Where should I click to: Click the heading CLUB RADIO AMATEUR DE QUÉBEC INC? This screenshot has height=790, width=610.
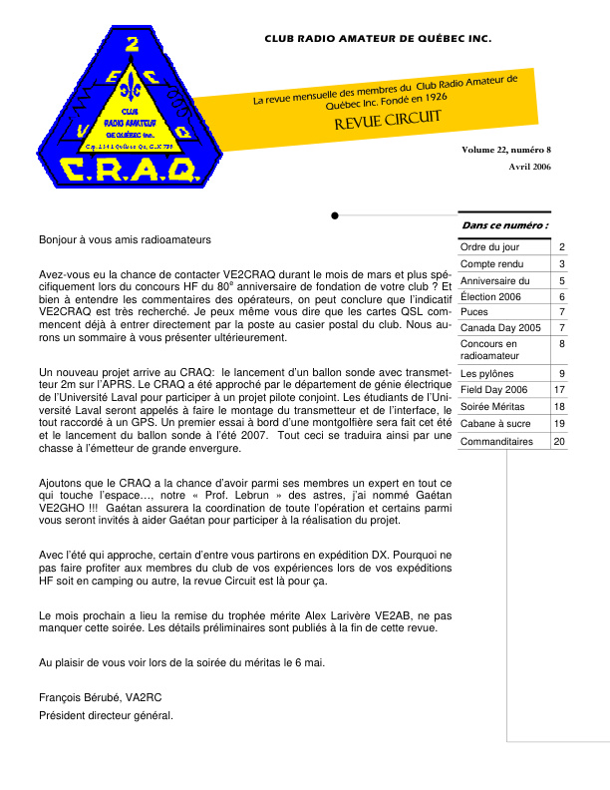(378, 38)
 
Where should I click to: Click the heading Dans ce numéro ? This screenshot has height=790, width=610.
(504, 225)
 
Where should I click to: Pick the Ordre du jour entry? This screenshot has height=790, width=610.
(489, 247)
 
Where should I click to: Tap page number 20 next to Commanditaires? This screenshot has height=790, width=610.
(560, 441)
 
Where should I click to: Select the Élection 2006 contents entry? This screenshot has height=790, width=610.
(490, 297)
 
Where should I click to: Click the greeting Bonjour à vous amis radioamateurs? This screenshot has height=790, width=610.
(125, 240)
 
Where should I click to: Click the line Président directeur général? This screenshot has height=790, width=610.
(106, 715)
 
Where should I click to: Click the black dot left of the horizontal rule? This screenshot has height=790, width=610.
(335, 214)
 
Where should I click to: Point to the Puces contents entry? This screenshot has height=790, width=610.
(473, 312)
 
